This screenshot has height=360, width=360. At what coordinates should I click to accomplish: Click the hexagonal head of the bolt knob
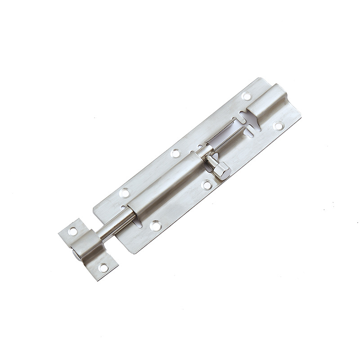222,171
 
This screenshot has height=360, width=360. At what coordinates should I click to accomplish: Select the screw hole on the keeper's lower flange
103,267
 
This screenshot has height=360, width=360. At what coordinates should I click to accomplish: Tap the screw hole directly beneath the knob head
207,184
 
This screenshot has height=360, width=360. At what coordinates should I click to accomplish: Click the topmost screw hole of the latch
246,96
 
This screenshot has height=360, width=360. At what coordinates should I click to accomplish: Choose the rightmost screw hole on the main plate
279,126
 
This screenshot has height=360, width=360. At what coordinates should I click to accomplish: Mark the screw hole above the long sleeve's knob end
175,153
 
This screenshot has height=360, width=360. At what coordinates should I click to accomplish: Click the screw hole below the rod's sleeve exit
155,225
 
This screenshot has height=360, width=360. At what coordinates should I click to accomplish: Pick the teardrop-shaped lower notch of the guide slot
249,131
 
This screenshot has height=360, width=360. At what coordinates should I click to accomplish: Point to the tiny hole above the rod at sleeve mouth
124,208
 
